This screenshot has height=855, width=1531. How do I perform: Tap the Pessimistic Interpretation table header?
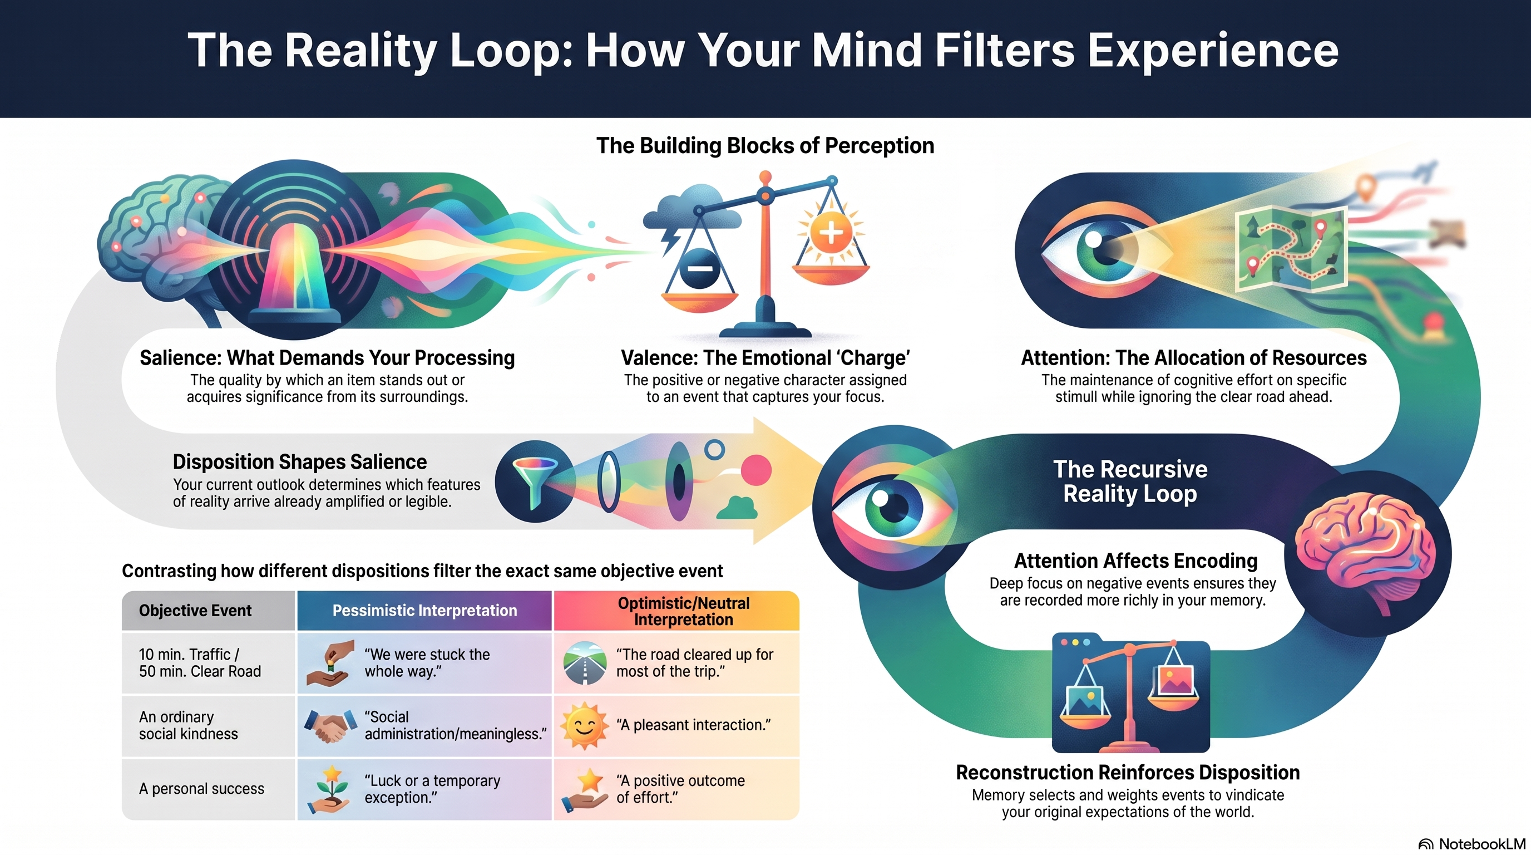(x=424, y=611)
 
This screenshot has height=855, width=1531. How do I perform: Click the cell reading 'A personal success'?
(x=201, y=788)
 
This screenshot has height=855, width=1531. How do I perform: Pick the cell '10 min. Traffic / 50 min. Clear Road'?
(x=200, y=662)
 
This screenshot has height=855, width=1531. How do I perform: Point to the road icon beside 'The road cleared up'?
(x=585, y=662)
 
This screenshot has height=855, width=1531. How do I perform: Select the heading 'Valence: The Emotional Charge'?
(x=765, y=358)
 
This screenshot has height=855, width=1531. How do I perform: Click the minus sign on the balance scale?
(x=700, y=269)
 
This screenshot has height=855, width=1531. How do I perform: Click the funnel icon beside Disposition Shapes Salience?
(x=535, y=480)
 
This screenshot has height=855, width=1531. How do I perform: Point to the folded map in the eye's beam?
(x=1291, y=248)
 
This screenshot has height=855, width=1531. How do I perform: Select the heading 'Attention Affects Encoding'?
(x=1135, y=561)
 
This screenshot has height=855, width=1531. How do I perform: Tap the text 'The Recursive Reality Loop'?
(x=1130, y=481)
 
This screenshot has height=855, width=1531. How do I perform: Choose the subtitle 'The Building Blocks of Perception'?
(x=765, y=146)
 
